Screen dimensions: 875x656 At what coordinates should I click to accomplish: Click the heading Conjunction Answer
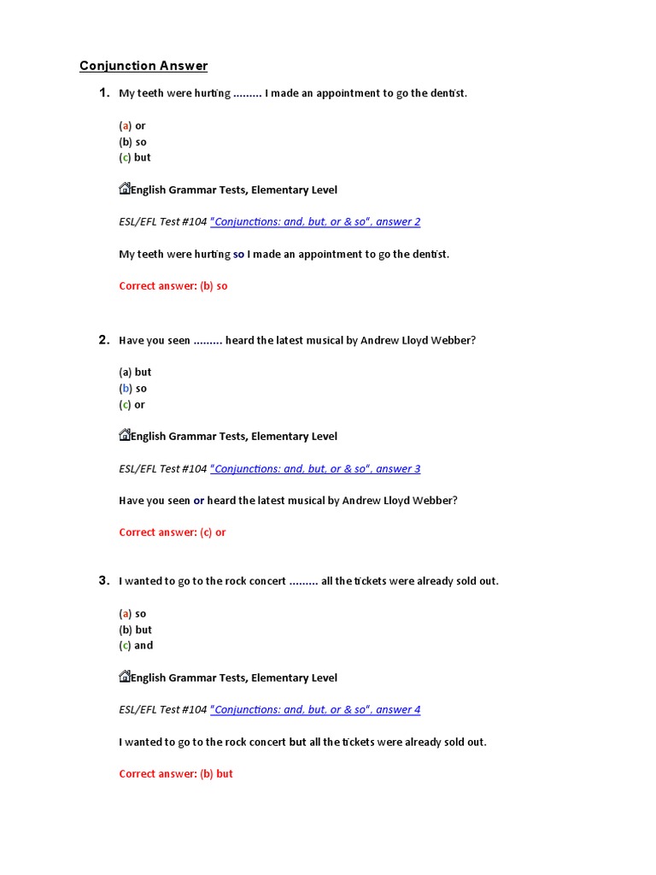click(x=143, y=66)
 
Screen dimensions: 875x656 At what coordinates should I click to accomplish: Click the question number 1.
click(x=104, y=93)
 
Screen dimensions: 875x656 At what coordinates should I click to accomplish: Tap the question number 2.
click(x=104, y=340)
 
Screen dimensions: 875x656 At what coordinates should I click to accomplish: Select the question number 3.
click(x=104, y=581)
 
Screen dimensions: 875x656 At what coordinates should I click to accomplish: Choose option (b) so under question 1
click(x=132, y=142)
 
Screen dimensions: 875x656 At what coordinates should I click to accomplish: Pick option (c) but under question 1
click(x=134, y=157)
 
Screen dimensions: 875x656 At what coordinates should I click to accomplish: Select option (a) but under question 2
click(x=135, y=372)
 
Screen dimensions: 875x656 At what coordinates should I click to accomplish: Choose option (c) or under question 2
click(x=132, y=404)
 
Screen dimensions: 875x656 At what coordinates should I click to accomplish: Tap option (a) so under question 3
click(x=132, y=614)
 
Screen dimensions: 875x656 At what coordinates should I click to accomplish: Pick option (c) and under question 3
click(x=136, y=645)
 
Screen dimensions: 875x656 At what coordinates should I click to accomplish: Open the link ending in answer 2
click(x=315, y=222)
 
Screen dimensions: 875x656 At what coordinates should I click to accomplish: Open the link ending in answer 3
click(x=315, y=469)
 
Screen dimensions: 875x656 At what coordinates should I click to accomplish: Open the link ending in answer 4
click(x=315, y=710)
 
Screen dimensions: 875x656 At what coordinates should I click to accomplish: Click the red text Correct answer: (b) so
click(x=173, y=286)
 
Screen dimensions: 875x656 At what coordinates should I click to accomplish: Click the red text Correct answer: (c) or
click(x=173, y=532)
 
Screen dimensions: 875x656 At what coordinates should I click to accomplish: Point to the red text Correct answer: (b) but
click(x=176, y=774)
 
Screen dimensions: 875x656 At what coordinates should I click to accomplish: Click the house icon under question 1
click(x=124, y=189)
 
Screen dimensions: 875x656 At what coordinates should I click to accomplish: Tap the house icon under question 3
click(x=124, y=677)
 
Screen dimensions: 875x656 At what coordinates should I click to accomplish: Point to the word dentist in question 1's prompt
click(x=445, y=93)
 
